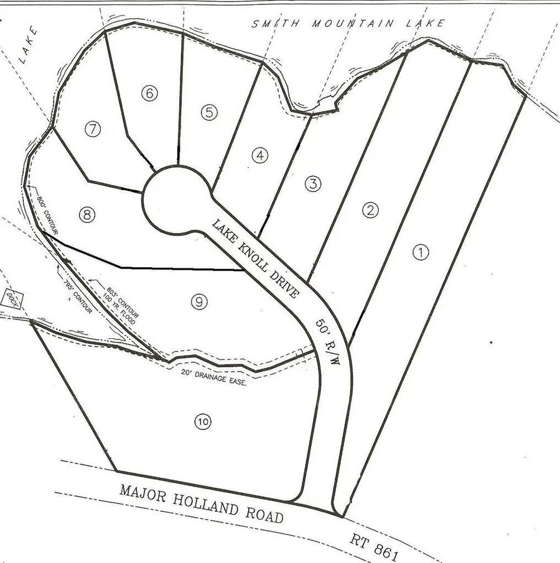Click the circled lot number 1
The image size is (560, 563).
[x=421, y=252]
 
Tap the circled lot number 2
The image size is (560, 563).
[x=371, y=210]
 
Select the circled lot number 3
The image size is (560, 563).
[x=314, y=183]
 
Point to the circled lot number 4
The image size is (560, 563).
[x=259, y=155]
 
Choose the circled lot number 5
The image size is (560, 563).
[x=210, y=112]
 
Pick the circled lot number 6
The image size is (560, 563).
[x=149, y=94]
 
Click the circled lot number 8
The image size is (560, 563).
[x=87, y=215]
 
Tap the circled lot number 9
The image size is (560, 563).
[x=198, y=302]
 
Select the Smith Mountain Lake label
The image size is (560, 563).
[x=348, y=24]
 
